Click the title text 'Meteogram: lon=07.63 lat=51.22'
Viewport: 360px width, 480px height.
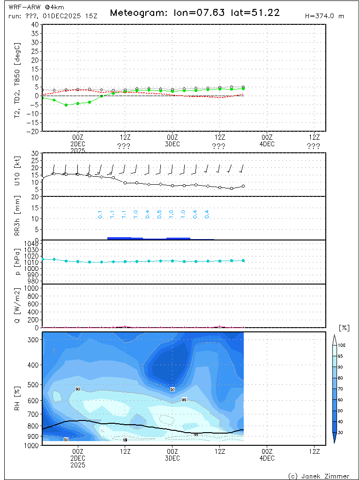coord(195,13)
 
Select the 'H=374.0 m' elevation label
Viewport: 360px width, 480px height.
coord(324,16)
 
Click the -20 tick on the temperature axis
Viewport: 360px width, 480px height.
coord(34,132)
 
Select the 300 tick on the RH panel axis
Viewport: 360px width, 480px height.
coord(34,340)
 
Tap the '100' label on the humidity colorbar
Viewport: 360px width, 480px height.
coord(342,345)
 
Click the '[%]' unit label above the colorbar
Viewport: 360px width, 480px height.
coord(344,328)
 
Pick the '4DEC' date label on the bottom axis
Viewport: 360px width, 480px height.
coord(267,457)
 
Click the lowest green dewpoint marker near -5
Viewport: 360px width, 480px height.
coord(66,105)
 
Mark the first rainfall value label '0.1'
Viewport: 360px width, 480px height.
coord(100,215)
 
